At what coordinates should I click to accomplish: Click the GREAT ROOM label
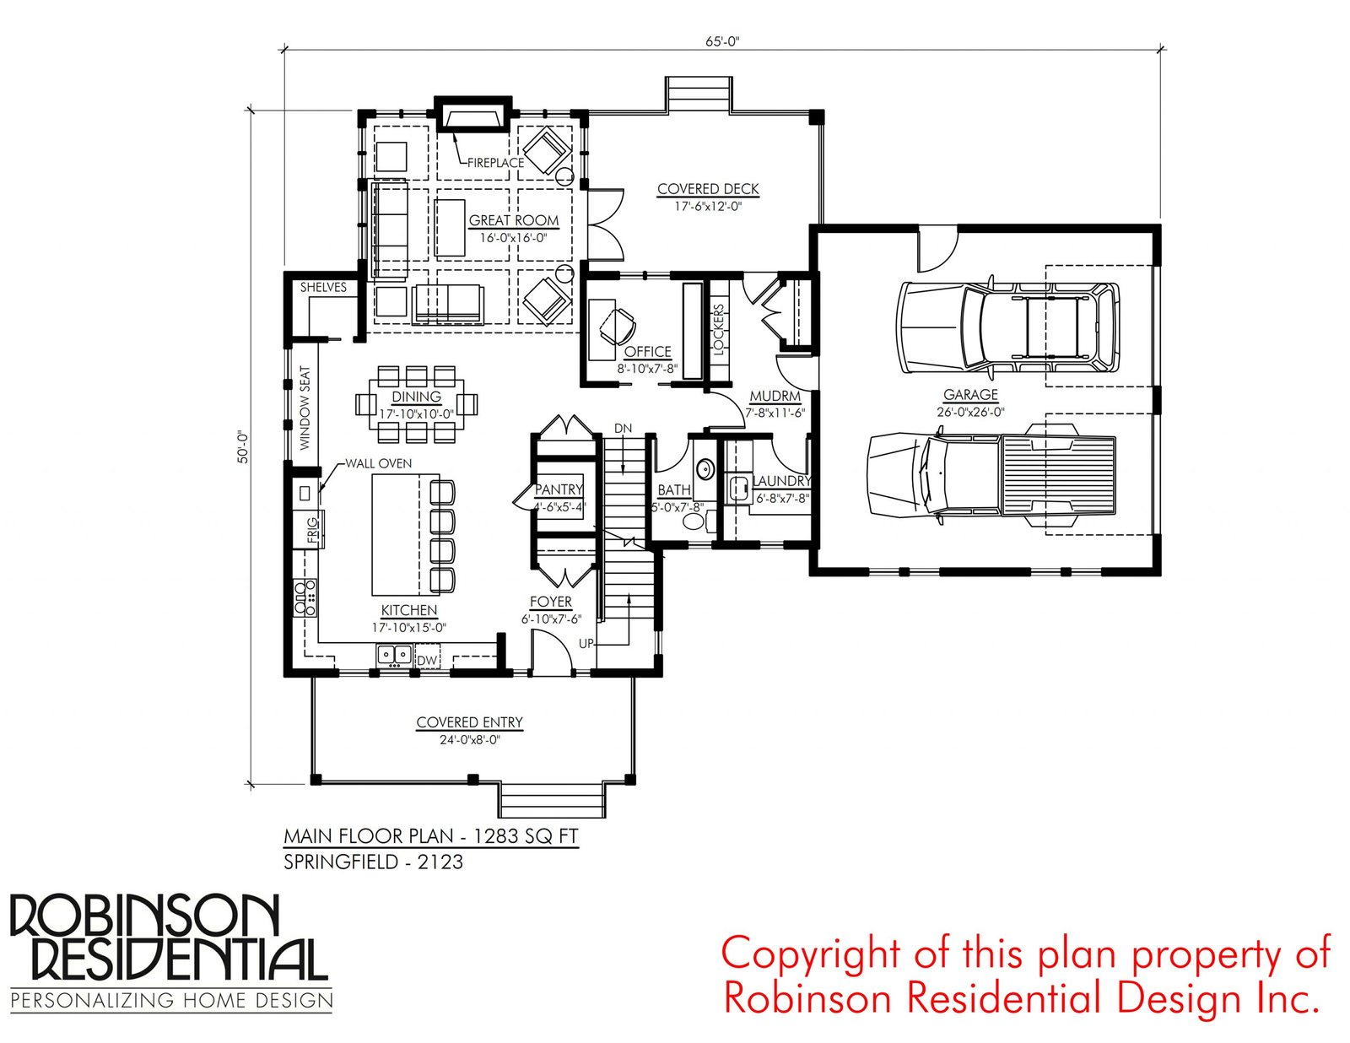click(x=513, y=220)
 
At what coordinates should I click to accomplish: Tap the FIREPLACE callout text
click(x=495, y=163)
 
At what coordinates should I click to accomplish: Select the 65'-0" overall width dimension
click(x=722, y=41)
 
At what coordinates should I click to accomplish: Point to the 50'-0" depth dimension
click(x=243, y=447)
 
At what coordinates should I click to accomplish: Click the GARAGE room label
click(x=970, y=394)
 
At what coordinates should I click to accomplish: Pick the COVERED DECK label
click(x=708, y=189)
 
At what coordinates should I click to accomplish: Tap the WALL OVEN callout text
click(x=378, y=463)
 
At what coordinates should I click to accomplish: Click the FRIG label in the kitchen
click(x=312, y=531)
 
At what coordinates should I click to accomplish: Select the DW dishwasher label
click(x=427, y=661)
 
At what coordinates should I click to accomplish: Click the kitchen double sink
click(x=394, y=654)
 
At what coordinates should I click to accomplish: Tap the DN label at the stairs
click(x=624, y=428)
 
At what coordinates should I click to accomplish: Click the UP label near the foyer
click(x=586, y=644)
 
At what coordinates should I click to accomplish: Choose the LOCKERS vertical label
click(x=718, y=328)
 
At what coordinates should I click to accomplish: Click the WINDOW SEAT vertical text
click(x=305, y=408)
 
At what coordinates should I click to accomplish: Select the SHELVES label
click(x=323, y=287)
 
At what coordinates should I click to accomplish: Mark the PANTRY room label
click(x=559, y=489)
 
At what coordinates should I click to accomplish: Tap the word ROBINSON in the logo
click(x=145, y=916)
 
